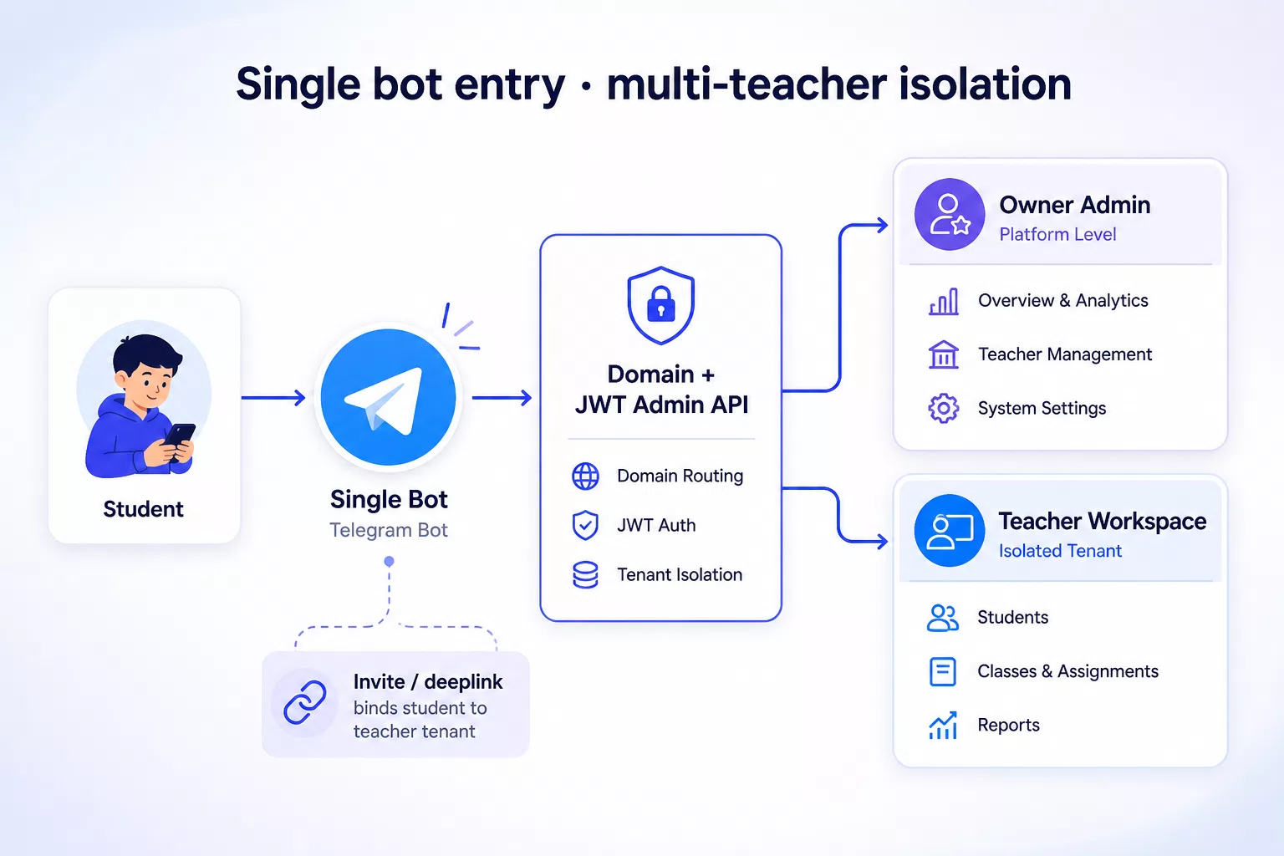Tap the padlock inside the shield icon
pyautogui.click(x=661, y=304)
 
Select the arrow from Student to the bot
pyautogui.click(x=273, y=397)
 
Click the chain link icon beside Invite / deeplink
pyautogui.click(x=305, y=702)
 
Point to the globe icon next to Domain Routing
pyautogui.click(x=585, y=476)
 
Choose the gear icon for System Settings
pyautogui.click(x=943, y=408)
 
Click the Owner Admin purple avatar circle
pyautogui.click(x=950, y=214)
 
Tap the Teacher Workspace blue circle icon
pyautogui.click(x=950, y=530)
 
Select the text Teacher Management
pyautogui.click(x=1064, y=354)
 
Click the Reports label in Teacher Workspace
pyautogui.click(x=1008, y=725)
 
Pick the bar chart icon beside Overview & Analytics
pyautogui.click(x=943, y=301)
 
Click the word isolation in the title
pyautogui.click(x=984, y=84)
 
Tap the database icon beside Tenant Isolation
pyautogui.click(x=585, y=575)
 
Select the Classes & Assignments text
pyautogui.click(x=1067, y=671)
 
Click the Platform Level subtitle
pyautogui.click(x=1057, y=235)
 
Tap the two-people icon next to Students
pyautogui.click(x=942, y=618)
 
